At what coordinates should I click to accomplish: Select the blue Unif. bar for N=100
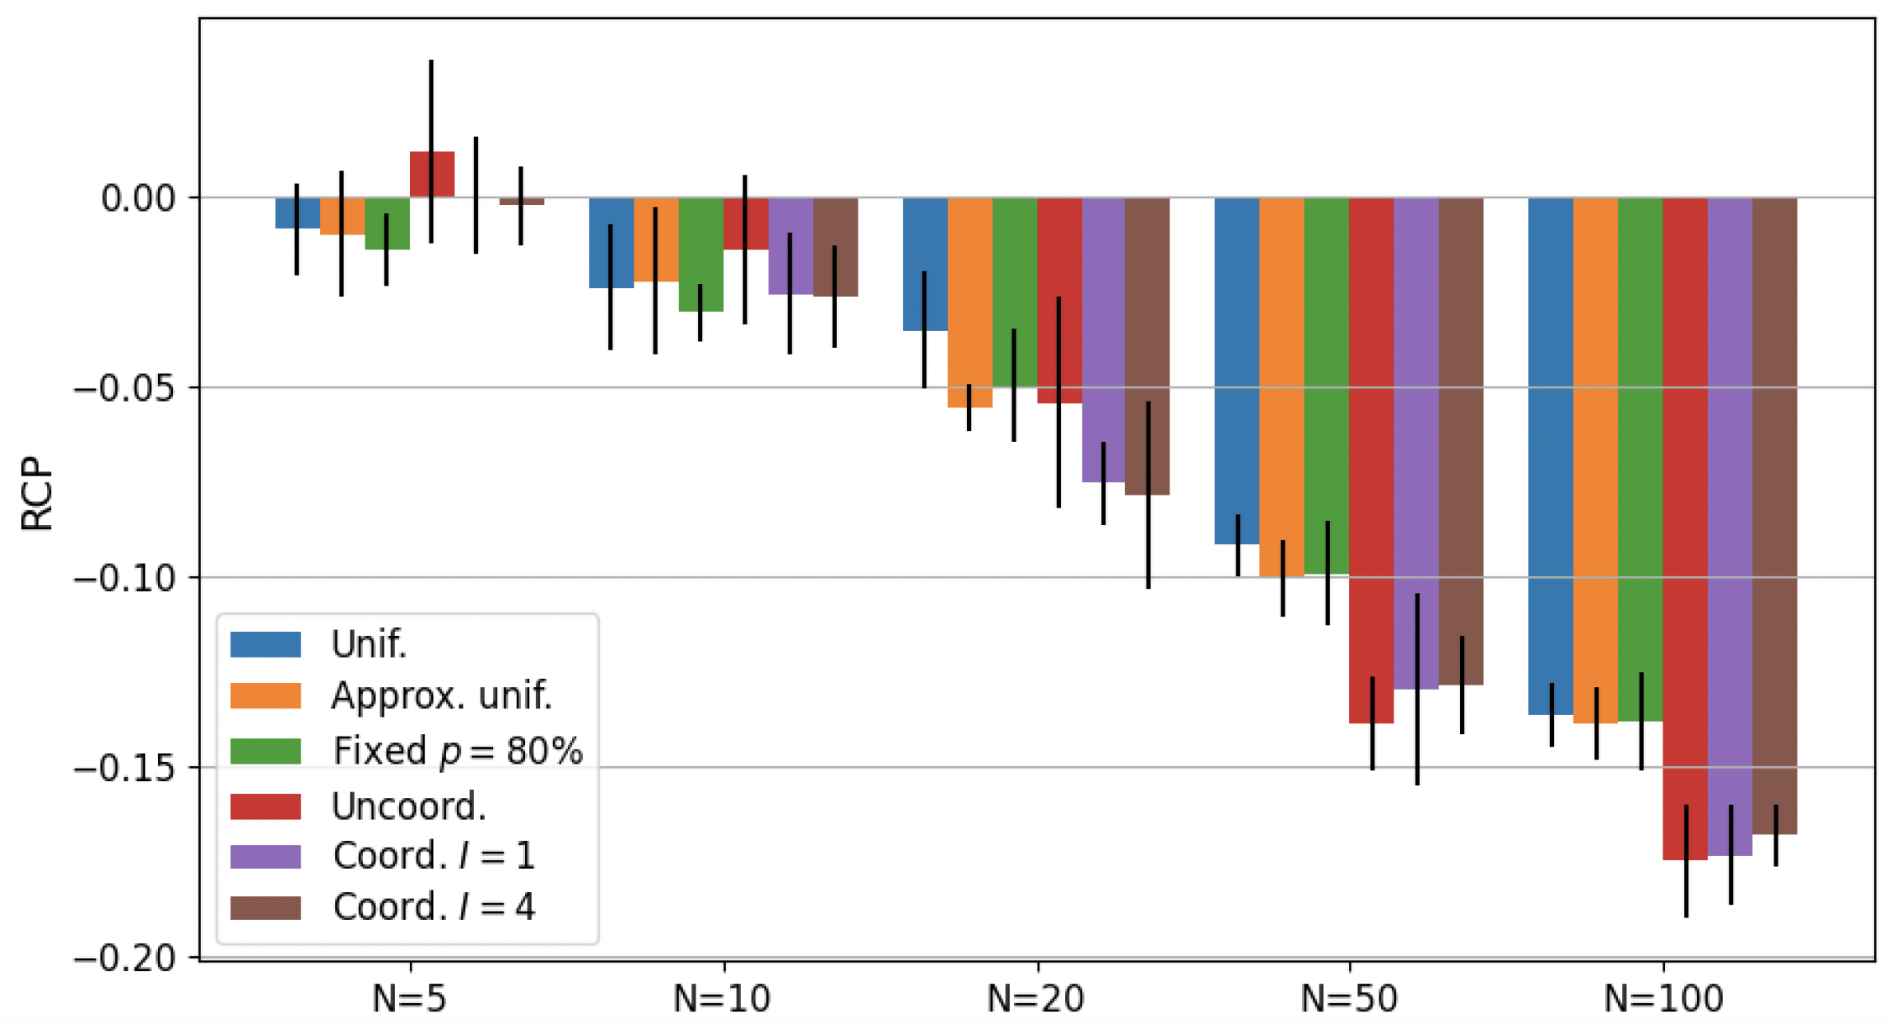click(1551, 453)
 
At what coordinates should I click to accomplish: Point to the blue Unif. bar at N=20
click(924, 263)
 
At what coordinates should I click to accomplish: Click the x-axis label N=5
click(409, 999)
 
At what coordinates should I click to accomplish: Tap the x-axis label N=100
click(1663, 999)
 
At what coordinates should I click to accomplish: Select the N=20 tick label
click(1035, 999)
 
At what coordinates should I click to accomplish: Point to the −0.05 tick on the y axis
click(124, 388)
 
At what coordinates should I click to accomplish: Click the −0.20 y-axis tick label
click(124, 958)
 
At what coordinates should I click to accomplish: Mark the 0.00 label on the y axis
click(138, 198)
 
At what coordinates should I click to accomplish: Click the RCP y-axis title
click(37, 493)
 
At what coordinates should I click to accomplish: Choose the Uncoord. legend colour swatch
click(265, 806)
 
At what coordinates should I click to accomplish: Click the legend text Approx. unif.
click(441, 696)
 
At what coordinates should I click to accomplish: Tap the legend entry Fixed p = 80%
click(458, 750)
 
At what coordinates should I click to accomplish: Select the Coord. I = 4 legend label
click(434, 907)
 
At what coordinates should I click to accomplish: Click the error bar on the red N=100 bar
click(1686, 861)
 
